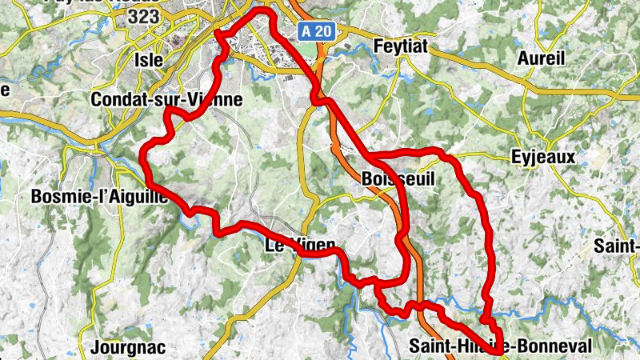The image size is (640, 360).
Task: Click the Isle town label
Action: [150, 59]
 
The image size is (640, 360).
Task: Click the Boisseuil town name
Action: [398, 180]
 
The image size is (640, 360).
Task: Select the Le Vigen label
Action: [294, 246]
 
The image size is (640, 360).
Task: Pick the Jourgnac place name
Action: [117, 348]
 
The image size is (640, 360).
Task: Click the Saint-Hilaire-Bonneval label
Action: [500, 346]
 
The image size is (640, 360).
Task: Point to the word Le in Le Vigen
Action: [273, 246]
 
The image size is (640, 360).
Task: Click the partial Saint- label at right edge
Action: [616, 246]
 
